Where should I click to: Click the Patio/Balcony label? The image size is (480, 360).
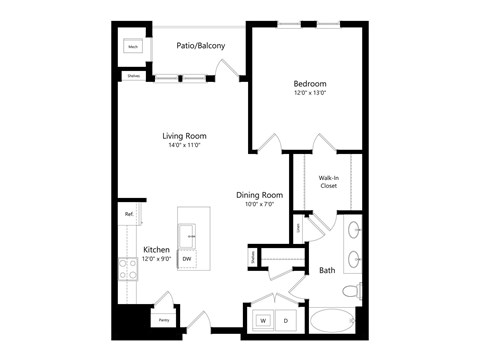point(201,46)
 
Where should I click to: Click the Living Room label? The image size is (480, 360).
point(185,137)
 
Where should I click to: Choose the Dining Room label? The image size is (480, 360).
point(259,195)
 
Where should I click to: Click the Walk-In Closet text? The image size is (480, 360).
point(328,182)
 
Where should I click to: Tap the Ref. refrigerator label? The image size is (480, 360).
point(130,214)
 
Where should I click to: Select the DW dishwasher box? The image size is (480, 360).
point(187,258)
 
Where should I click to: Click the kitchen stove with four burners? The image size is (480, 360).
point(129,268)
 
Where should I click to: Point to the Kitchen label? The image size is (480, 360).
point(156,249)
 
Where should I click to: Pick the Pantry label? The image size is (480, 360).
point(163,320)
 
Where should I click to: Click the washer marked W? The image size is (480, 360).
point(264,321)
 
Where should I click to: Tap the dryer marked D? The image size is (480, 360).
point(285,321)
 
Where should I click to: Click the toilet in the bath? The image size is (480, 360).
point(351,292)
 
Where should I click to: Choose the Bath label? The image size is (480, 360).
point(327,270)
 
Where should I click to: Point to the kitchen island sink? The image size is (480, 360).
point(187,235)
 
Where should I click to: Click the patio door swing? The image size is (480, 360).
point(228,70)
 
